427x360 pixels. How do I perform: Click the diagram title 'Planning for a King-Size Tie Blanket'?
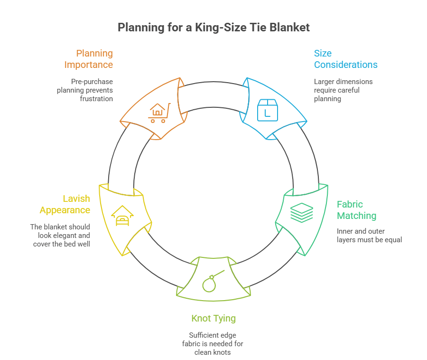point(213,27)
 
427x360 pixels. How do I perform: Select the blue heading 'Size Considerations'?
point(345,59)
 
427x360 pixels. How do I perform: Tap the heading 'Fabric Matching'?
point(356,210)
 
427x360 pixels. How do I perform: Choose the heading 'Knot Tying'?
point(213,318)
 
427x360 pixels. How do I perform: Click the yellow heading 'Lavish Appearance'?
point(65,204)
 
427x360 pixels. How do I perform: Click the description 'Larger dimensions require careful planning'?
point(343,90)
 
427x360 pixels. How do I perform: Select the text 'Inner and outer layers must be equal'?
point(369,236)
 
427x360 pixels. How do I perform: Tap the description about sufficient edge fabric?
point(213,343)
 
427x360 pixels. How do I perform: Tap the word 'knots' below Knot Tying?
point(222,352)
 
